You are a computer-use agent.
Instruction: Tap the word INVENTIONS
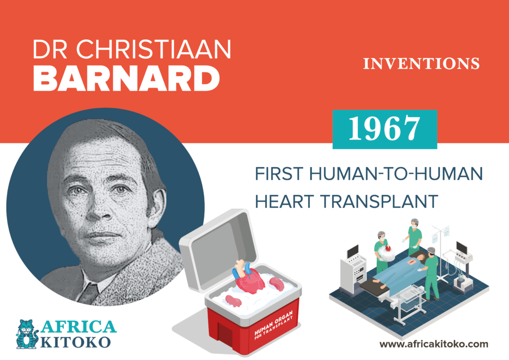point(422,64)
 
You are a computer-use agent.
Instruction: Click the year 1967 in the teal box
point(384,129)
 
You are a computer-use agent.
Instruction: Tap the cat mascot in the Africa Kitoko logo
point(27,333)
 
